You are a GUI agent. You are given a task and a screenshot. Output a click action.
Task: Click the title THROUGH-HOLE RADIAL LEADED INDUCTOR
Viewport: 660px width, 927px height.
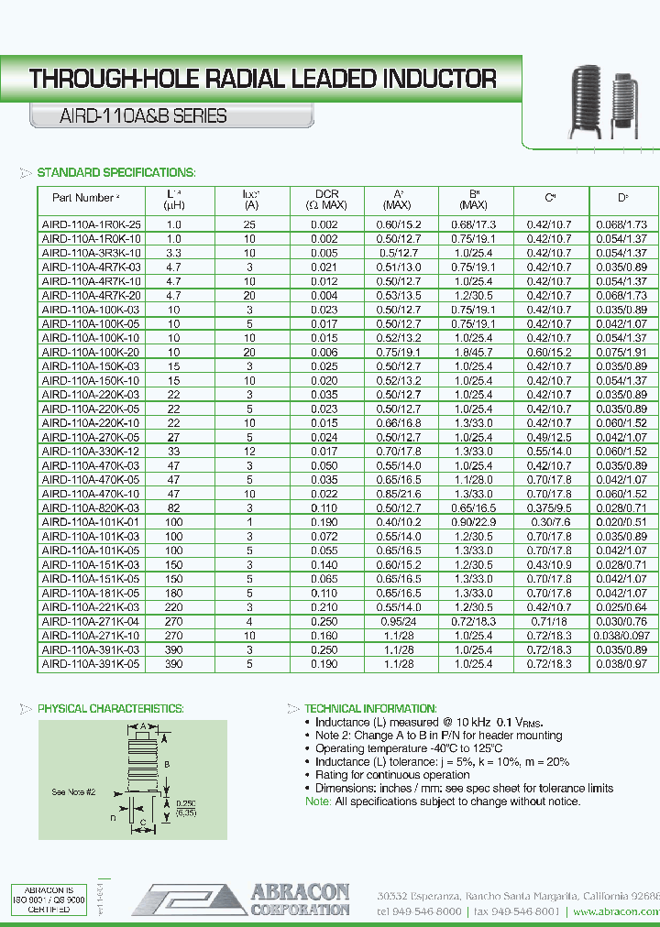(x=263, y=79)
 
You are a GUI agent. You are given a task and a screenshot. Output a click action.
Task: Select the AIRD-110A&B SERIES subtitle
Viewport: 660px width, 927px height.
(x=128, y=116)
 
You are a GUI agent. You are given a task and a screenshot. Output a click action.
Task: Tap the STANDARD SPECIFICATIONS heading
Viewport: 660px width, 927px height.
(x=115, y=172)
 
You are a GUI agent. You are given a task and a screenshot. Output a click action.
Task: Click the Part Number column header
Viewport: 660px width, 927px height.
(x=85, y=198)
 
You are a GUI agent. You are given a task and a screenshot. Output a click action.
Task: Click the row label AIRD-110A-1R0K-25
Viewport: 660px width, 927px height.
(x=92, y=224)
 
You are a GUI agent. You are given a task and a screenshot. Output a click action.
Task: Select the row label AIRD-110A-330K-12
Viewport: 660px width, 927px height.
(x=92, y=451)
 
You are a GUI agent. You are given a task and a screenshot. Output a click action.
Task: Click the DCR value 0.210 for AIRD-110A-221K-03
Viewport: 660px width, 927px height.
(x=326, y=606)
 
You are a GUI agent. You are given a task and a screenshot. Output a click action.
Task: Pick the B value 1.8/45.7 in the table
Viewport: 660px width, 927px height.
(x=477, y=352)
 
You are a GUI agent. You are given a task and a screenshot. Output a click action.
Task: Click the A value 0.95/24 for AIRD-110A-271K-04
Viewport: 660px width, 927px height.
(x=401, y=621)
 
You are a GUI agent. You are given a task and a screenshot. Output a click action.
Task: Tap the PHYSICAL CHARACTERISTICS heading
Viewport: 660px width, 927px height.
(x=110, y=709)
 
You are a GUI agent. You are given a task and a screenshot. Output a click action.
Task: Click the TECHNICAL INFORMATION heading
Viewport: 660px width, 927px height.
(x=370, y=709)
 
